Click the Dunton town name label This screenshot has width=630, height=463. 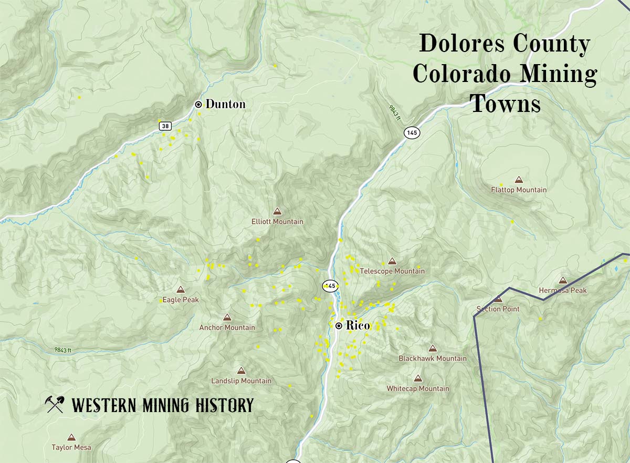click(x=225, y=104)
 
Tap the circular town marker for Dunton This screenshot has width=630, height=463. click(x=198, y=105)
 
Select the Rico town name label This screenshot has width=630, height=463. click(x=358, y=326)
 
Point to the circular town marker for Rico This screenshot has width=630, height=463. click(x=339, y=326)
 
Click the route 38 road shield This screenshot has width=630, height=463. click(x=165, y=126)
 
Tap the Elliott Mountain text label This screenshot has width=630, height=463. click(x=277, y=222)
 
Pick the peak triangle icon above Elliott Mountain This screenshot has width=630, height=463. click(x=277, y=211)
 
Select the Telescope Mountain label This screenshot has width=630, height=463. click(x=392, y=271)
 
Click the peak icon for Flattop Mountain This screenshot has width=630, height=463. click(x=519, y=180)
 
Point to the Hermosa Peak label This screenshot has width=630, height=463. click(x=563, y=291)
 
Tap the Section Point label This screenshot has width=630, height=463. click(x=498, y=309)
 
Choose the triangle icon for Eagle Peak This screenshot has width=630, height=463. click(x=181, y=290)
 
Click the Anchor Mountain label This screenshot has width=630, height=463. click(x=227, y=327)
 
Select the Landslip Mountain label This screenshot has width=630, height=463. click(x=241, y=381)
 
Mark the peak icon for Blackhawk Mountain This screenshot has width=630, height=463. click(x=433, y=348)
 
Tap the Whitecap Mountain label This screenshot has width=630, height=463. click(x=418, y=389)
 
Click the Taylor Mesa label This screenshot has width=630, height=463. click(x=71, y=448)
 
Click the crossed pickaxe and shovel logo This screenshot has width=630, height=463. click(x=55, y=404)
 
